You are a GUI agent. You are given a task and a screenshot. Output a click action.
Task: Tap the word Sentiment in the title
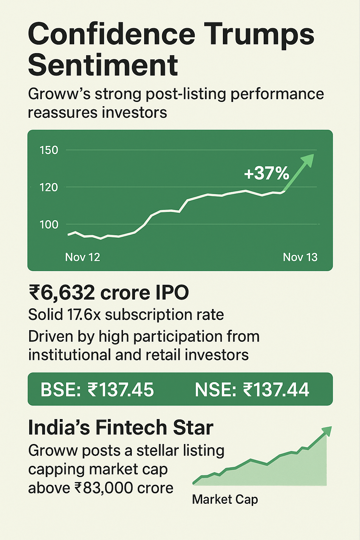click(103, 65)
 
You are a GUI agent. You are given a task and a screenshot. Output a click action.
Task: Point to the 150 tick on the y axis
click(49, 150)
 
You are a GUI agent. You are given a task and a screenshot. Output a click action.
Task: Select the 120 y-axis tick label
click(49, 187)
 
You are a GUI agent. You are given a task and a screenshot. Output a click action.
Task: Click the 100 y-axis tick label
click(49, 224)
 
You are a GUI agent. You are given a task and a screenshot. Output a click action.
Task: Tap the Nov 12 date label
click(83, 257)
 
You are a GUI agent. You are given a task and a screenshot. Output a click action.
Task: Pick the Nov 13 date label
click(300, 257)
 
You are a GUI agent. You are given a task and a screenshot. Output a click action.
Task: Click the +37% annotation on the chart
click(266, 173)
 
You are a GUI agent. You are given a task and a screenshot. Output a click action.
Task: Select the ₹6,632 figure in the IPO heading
click(62, 293)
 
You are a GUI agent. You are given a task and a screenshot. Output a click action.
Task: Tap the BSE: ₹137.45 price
click(97, 390)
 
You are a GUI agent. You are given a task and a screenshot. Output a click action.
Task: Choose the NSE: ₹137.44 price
click(252, 390)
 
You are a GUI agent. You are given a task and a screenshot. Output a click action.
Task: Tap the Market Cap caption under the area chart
click(225, 500)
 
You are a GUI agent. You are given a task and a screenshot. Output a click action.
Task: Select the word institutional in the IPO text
click(69, 355)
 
